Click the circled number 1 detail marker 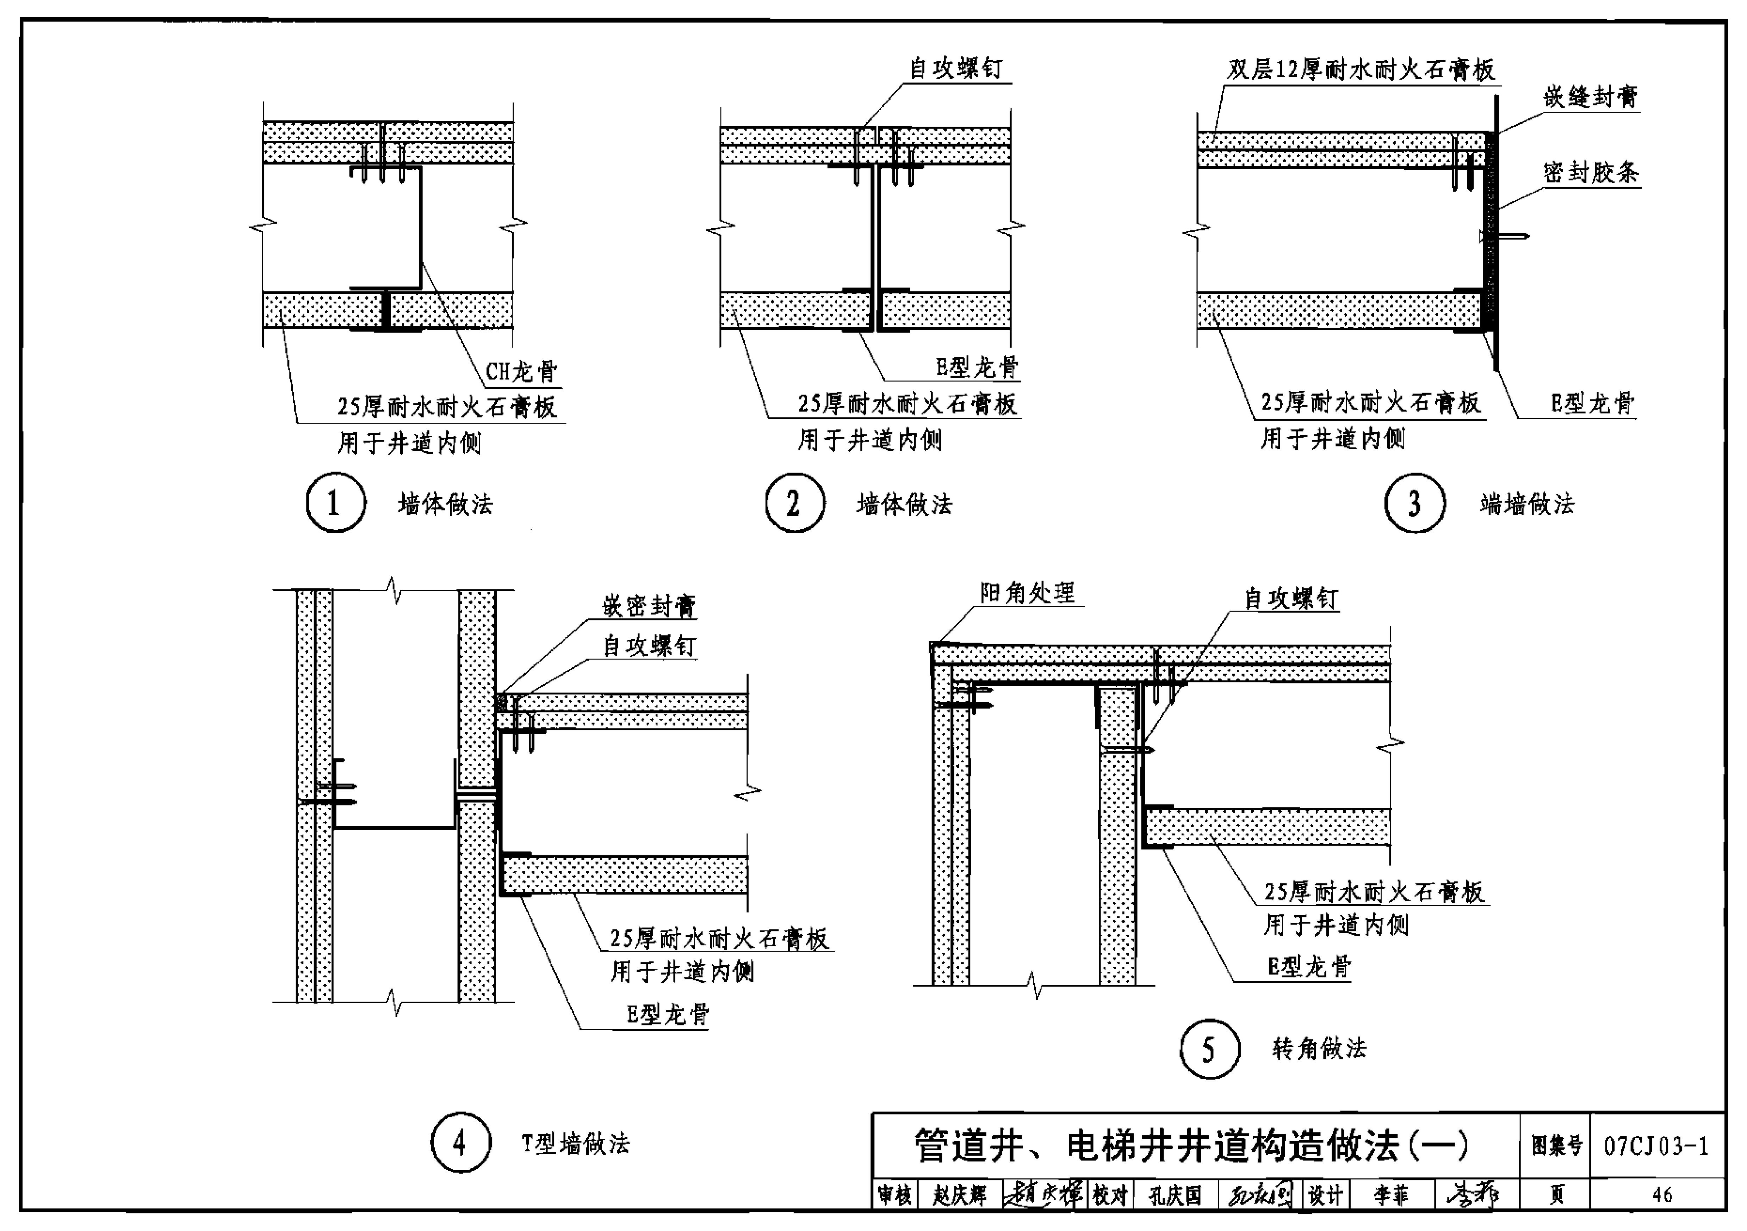pos(335,503)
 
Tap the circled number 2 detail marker pos(794,503)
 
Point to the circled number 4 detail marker pos(460,1143)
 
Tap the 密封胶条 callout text pos(1590,173)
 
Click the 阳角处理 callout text pos(1027,593)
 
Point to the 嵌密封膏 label pos(649,606)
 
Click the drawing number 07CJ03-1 pos(1656,1146)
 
